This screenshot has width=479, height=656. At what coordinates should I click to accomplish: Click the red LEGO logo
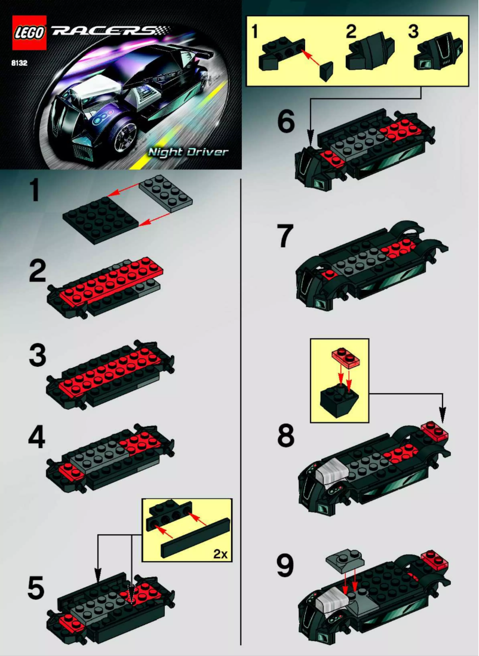point(29,32)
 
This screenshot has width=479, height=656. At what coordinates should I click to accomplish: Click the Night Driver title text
point(189,152)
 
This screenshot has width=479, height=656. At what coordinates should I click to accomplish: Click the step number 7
point(285,237)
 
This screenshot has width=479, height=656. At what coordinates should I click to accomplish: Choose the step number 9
point(285,567)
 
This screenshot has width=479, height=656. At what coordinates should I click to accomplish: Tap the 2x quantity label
point(220,554)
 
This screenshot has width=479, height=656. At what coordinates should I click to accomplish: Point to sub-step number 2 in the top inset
point(351,32)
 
